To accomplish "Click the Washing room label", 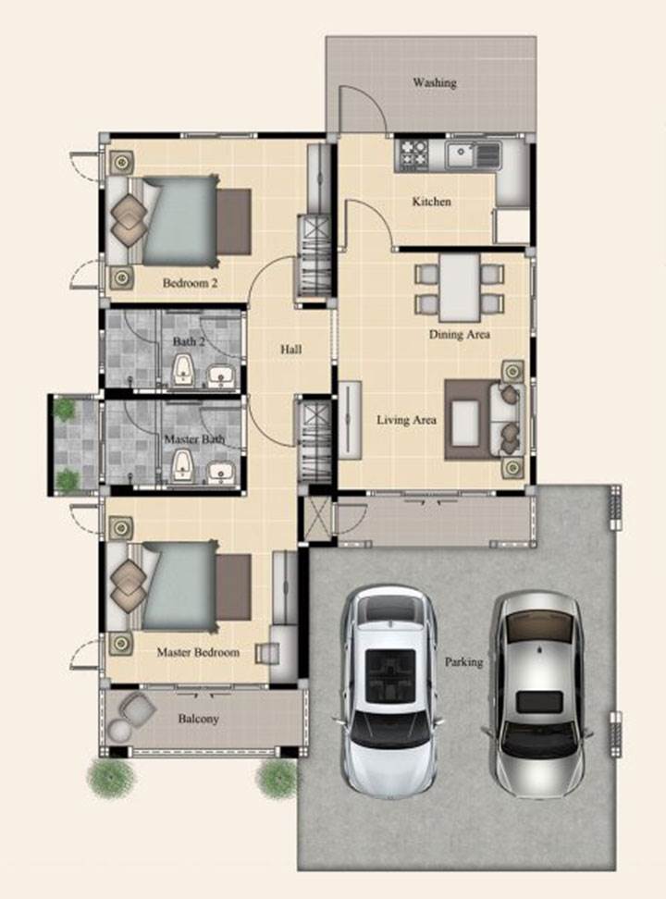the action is click(435, 82).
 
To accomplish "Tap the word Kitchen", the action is click(431, 202).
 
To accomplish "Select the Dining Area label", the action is click(460, 334).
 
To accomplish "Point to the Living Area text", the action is click(406, 420).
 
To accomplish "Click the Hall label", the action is click(290, 350).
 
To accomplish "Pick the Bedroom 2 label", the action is click(190, 283).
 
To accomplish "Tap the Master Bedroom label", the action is click(198, 652).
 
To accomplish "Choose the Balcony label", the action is click(199, 719).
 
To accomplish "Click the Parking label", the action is click(464, 661).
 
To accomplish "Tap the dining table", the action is click(460, 288).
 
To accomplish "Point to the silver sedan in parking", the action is click(538, 695).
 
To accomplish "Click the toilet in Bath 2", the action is click(183, 370).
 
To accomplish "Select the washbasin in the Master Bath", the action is click(220, 472).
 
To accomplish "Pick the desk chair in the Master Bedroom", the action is click(268, 652).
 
